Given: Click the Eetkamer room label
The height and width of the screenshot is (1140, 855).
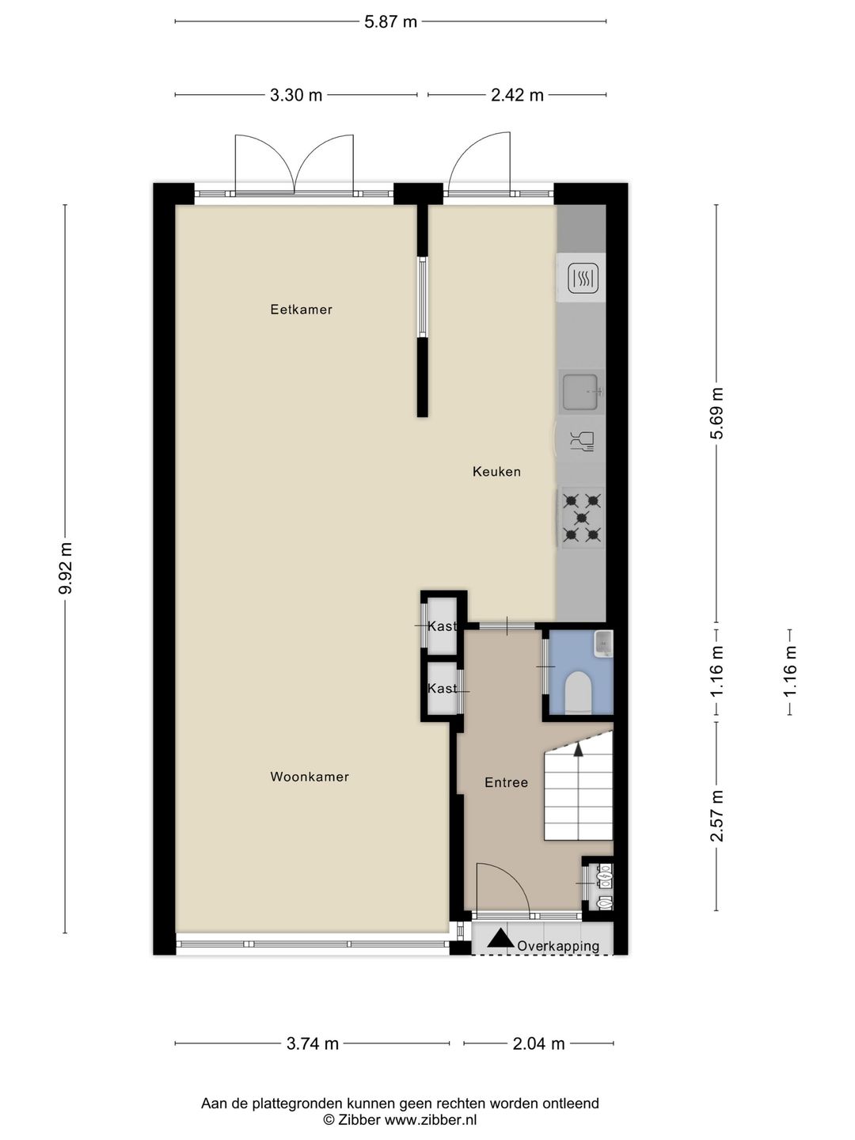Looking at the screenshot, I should click(x=301, y=310).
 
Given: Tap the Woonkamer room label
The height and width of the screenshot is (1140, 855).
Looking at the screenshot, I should click(x=310, y=777).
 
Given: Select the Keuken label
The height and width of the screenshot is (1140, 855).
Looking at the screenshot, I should click(x=496, y=472).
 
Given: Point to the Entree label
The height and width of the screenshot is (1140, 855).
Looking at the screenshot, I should click(x=506, y=782).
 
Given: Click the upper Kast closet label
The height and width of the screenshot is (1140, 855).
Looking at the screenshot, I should click(x=442, y=626).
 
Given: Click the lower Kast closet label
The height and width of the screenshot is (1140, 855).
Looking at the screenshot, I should click(x=442, y=689).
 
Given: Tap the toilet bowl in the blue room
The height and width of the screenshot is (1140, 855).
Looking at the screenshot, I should click(x=579, y=692).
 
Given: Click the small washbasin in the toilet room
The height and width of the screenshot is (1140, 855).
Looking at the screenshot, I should click(x=603, y=644).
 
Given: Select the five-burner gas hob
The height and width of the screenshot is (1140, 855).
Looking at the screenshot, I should click(x=581, y=518).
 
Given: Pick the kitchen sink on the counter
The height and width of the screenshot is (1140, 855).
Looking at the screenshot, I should click(x=581, y=392).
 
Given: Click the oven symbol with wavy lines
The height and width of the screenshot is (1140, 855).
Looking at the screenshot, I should click(x=583, y=278).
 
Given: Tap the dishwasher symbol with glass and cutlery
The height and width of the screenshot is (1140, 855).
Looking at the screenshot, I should click(x=582, y=441).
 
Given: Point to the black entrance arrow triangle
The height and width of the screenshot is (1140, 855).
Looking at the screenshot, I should click(x=500, y=939).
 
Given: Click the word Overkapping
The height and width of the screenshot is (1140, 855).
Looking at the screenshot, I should click(x=558, y=946).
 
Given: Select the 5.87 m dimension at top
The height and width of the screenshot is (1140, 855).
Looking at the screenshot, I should click(x=390, y=22).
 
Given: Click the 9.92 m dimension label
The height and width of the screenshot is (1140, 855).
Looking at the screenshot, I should click(x=66, y=568).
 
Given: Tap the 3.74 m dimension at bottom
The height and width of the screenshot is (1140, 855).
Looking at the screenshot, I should click(x=313, y=1043).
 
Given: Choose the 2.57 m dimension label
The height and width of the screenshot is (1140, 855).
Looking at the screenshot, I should click(x=716, y=815).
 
